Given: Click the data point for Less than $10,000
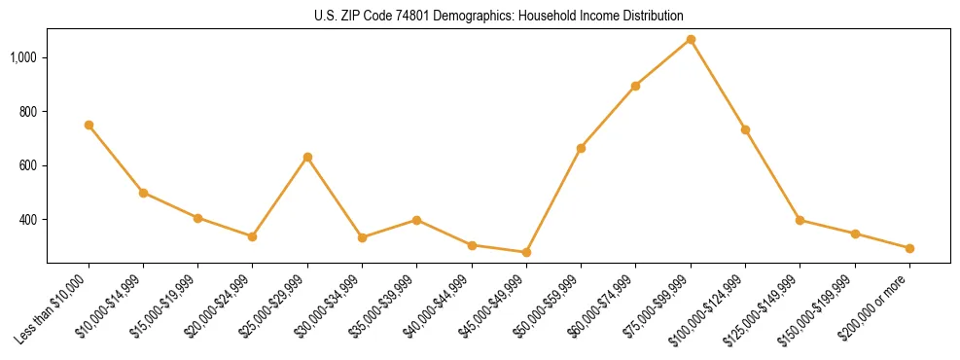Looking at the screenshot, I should pos(89,125).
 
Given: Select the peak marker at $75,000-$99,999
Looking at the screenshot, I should pos(691,39).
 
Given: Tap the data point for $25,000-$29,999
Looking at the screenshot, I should pos(307,157).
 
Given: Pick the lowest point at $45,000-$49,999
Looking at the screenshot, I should pos(526,252).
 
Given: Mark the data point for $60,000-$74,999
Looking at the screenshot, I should pos(635,86).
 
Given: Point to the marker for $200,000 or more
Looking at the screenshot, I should pos(909,248).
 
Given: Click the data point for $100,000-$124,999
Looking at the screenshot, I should pos(745,129).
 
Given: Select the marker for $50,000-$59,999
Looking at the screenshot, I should pos(581,148).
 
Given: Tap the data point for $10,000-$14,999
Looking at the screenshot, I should pos(143,193).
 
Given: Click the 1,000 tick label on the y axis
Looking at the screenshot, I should pos(23,57).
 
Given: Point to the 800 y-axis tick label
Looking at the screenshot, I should pos(27,112).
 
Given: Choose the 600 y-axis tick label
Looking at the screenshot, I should pos(27,165).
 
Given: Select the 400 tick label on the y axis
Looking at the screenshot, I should pos(27,220).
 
